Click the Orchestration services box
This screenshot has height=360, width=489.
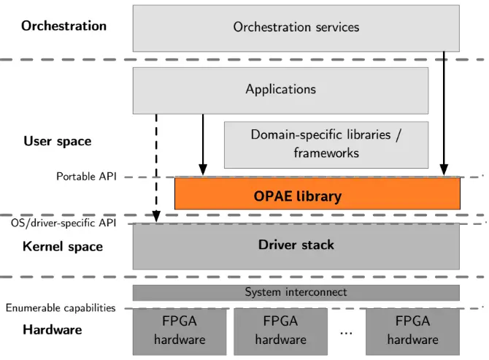(296, 28)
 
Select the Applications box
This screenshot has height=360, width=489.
(280, 90)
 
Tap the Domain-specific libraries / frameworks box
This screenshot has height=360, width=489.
(326, 144)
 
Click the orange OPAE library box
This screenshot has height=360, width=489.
(317, 195)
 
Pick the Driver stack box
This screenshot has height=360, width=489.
(296, 245)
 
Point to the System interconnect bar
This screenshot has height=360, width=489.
(296, 292)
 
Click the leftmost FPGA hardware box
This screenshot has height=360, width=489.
(179, 330)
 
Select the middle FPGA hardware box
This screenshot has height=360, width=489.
(280, 330)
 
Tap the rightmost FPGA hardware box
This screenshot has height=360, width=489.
(412, 330)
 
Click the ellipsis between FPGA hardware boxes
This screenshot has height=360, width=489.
(346, 332)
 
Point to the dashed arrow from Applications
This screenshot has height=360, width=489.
(155, 164)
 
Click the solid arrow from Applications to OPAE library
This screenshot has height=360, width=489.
(203, 146)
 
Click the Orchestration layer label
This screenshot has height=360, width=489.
(63, 26)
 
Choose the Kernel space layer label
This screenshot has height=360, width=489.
(63, 247)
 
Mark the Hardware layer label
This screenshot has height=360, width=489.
(52, 329)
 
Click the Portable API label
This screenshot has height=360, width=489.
(86, 177)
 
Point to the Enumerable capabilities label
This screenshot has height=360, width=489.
(61, 307)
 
